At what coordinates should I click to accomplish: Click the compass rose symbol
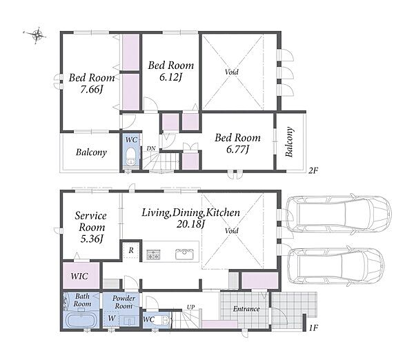[x=37, y=34]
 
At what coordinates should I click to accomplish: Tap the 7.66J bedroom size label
[x=91, y=90]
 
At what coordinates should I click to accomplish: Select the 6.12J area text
[x=171, y=77]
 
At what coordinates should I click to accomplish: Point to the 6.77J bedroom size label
[x=237, y=150]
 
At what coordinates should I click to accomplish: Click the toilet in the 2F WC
[x=130, y=156]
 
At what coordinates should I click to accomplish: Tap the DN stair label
[x=151, y=148]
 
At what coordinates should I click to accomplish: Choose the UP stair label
[x=191, y=307]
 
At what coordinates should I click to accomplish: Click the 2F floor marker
[x=313, y=171]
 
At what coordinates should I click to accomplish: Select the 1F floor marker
[x=313, y=328]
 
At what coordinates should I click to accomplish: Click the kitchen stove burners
[x=153, y=254]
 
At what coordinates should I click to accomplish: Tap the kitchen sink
[x=184, y=254]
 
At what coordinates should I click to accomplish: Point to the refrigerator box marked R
[x=131, y=250]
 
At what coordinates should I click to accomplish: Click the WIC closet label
[x=79, y=277]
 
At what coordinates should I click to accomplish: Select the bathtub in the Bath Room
[x=81, y=320]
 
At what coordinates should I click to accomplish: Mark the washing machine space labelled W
[x=112, y=319]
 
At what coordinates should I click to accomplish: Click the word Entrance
[x=246, y=309]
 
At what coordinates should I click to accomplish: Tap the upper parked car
[x=338, y=214]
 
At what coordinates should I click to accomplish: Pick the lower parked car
[x=335, y=266]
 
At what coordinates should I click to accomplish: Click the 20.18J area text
[x=190, y=224]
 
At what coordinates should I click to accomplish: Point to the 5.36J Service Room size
[x=91, y=239]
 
